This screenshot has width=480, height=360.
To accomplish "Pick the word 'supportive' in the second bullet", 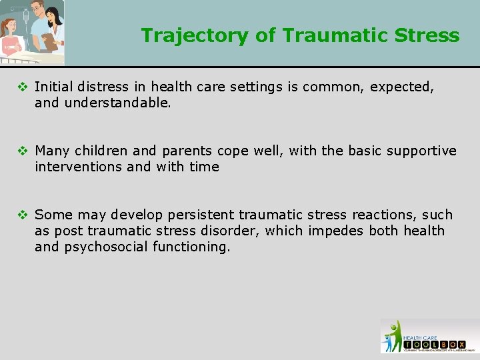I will click(423, 151).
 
